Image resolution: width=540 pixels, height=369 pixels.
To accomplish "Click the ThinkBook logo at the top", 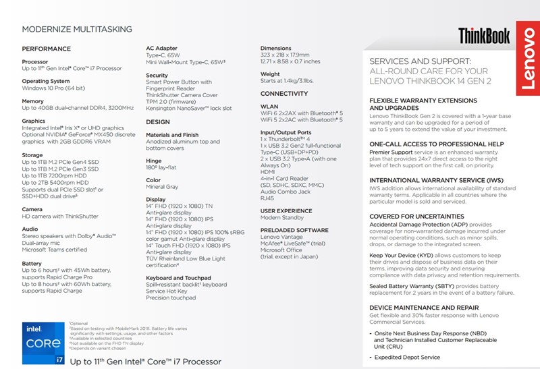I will click(x=484, y=36).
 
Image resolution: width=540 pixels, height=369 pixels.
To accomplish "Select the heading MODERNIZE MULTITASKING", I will click(x=78, y=30).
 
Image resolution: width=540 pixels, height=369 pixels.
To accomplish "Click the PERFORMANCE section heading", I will click(x=47, y=49).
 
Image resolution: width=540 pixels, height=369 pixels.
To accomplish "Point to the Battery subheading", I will click(x=32, y=264).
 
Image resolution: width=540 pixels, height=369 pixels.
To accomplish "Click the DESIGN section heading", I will click(x=158, y=122).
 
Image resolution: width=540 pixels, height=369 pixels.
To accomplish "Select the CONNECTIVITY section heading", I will click(x=284, y=94).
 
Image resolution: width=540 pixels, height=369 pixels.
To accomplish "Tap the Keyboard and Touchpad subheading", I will click(x=178, y=278).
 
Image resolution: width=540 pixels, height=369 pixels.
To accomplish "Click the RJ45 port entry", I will click(x=268, y=199).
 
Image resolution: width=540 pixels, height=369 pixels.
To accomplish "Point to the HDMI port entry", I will click(x=269, y=172).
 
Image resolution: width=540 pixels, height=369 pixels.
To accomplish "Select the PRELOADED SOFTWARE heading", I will click(x=295, y=231).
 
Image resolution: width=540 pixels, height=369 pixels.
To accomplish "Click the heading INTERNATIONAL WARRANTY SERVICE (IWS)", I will click(x=437, y=181).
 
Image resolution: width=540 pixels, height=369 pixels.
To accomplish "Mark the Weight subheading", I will click(x=270, y=74).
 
